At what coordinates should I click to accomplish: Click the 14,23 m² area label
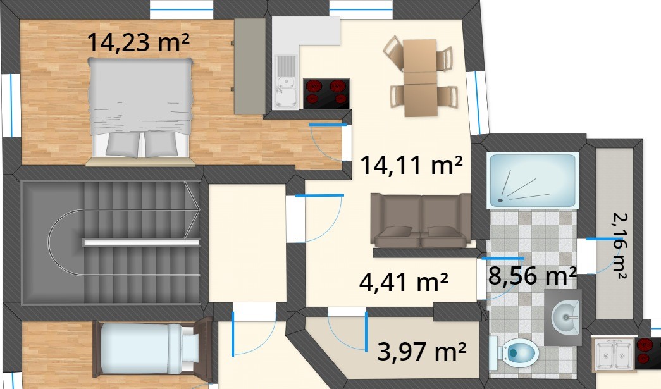coord(139,42)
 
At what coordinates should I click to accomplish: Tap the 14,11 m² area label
coord(411,165)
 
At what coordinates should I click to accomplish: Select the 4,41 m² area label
coord(404,282)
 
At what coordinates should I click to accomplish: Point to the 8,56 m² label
coord(532,276)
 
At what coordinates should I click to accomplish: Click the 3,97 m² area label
coord(421,352)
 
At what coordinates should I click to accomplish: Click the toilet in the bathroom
coord(514,352)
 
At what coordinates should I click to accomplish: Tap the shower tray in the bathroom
coord(533,180)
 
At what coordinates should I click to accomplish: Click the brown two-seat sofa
coord(421,220)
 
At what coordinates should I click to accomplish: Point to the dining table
coord(420,78)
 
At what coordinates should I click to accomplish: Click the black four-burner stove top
coord(326,94)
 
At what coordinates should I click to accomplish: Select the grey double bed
coord(140,108)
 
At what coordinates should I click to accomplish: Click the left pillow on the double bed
coord(123,144)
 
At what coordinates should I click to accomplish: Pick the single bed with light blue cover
coord(152,349)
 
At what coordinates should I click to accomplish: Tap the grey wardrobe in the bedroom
coord(250,66)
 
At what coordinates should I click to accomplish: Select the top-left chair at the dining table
coord(393,52)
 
